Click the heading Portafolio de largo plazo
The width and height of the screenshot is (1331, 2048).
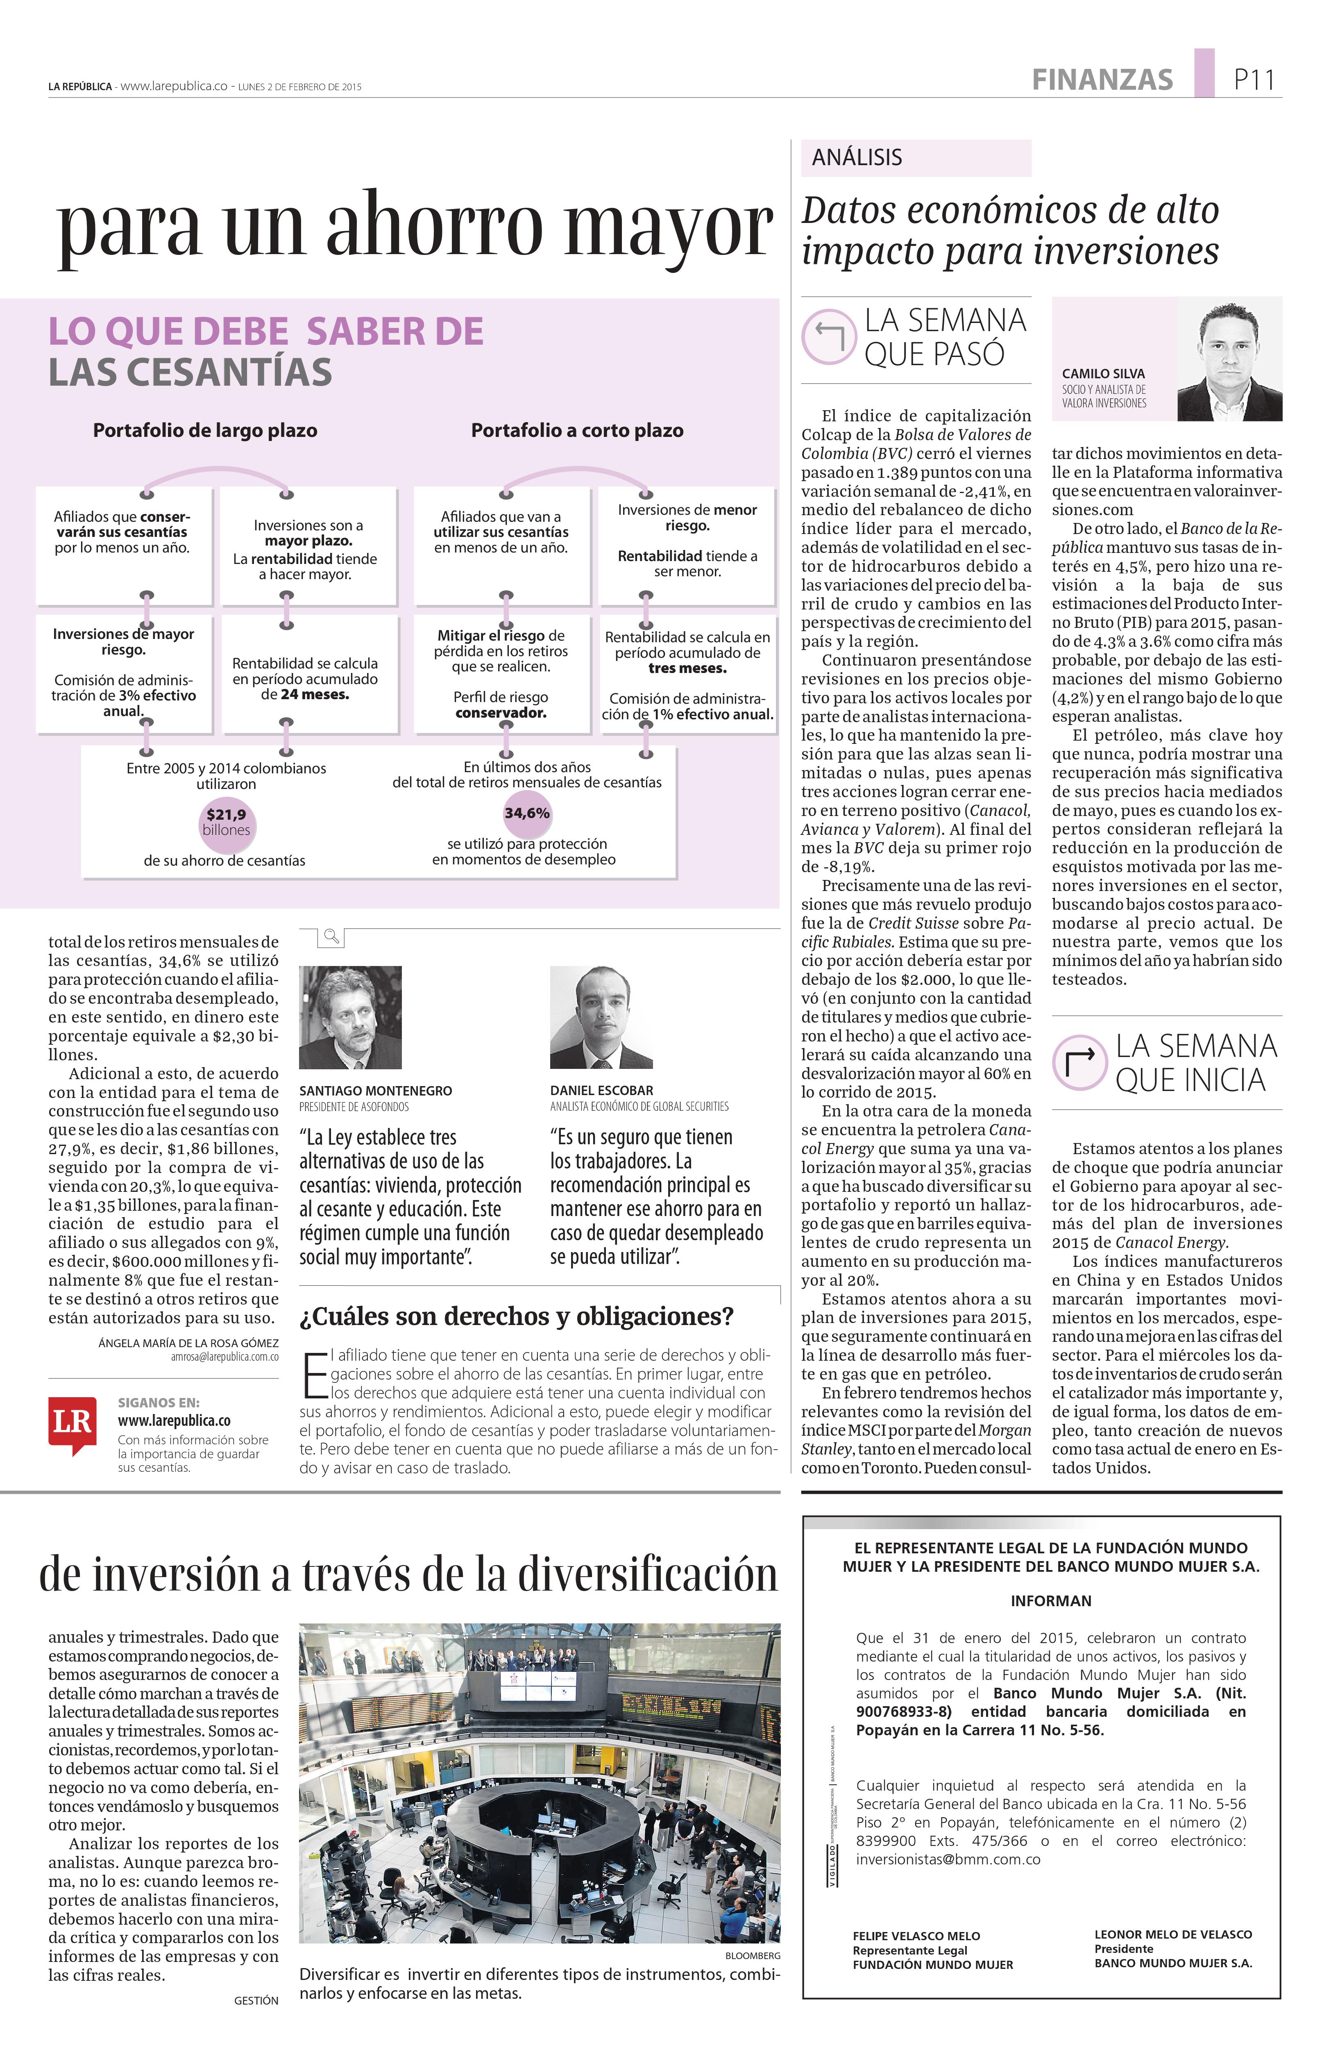coord(205,430)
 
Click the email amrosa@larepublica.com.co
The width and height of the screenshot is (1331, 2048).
coord(224,1357)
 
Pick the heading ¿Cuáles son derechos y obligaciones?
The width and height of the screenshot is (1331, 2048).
coord(516,1316)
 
